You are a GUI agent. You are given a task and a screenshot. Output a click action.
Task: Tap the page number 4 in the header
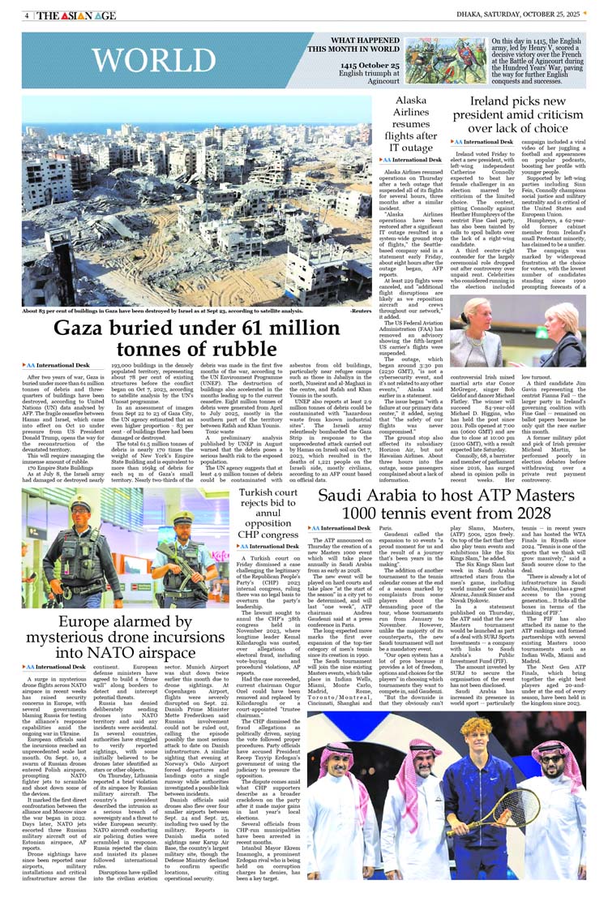(x=27, y=15)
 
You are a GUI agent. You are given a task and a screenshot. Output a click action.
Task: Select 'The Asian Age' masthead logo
(x=77, y=15)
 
